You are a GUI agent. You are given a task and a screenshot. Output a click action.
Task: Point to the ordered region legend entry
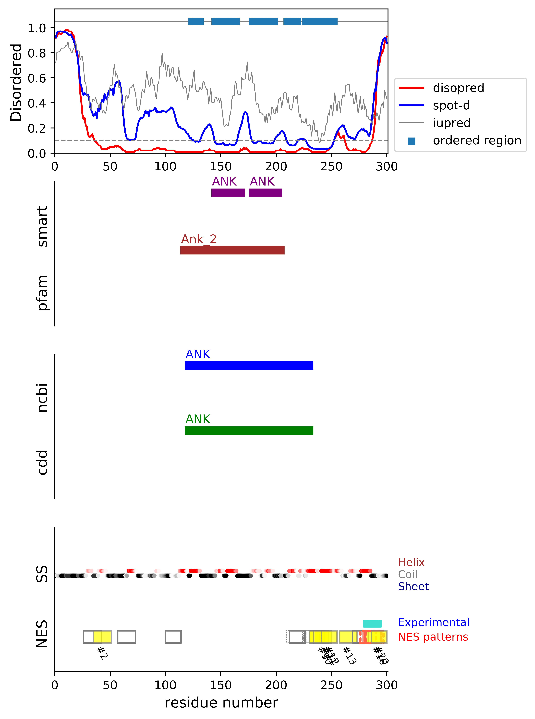(477, 140)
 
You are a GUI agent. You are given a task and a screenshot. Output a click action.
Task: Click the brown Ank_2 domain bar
(232, 250)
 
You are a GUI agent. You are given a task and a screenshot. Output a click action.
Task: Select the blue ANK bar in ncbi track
(249, 366)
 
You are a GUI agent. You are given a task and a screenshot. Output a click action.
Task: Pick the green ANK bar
(249, 431)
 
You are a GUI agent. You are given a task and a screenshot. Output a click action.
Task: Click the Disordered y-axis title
(16, 83)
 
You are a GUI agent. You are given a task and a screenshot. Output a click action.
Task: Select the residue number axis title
(221, 703)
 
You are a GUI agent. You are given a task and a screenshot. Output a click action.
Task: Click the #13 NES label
(349, 656)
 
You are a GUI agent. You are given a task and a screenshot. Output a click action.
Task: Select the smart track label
(42, 226)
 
